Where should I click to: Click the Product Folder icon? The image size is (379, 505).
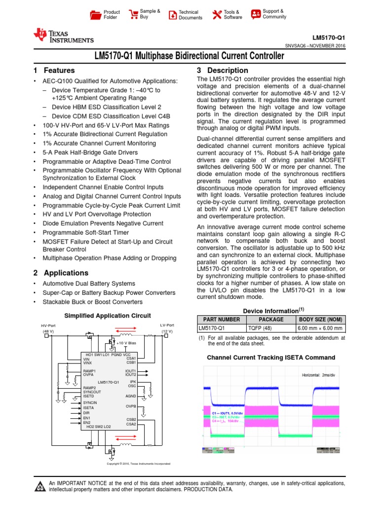click(95, 15)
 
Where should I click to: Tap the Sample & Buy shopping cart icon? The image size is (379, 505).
click(133, 14)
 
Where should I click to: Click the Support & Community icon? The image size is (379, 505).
click(256, 14)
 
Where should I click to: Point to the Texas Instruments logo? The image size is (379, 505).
click(63, 36)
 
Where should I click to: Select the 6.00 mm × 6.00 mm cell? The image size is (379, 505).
click(320, 327)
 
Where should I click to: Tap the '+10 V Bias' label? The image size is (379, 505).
click(126, 343)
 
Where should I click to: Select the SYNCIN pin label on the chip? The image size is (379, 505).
click(90, 402)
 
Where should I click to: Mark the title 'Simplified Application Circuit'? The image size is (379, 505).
click(108, 316)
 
